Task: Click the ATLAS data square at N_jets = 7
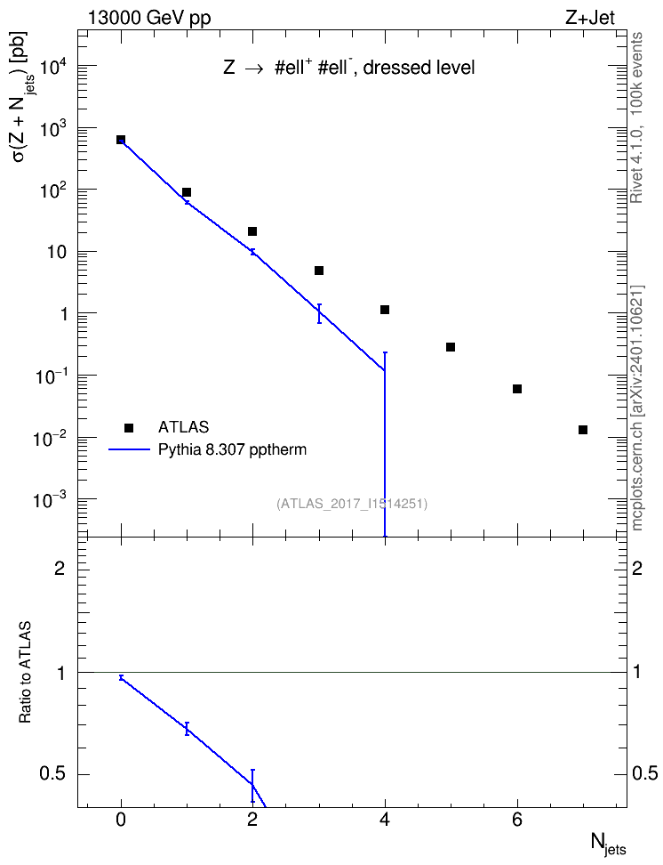pyautogui.click(x=582, y=430)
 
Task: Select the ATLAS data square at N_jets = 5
pyautogui.click(x=451, y=347)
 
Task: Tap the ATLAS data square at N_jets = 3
pyautogui.click(x=318, y=271)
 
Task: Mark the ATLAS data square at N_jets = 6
pyautogui.click(x=517, y=389)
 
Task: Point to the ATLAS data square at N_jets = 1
pyautogui.click(x=187, y=192)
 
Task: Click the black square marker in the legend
pyautogui.click(x=129, y=427)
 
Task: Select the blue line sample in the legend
pyautogui.click(x=130, y=449)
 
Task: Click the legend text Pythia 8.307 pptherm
pyautogui.click(x=232, y=449)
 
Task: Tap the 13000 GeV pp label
pyautogui.click(x=148, y=18)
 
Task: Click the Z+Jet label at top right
pyautogui.click(x=590, y=18)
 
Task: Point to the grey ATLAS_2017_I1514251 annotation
pyautogui.click(x=352, y=503)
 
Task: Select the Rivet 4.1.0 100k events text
pyautogui.click(x=636, y=117)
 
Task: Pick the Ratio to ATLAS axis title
pyautogui.click(x=25, y=672)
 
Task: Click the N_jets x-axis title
pyautogui.click(x=609, y=843)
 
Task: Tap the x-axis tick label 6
pyautogui.click(x=517, y=820)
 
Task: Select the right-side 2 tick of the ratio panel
pyautogui.click(x=637, y=568)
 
